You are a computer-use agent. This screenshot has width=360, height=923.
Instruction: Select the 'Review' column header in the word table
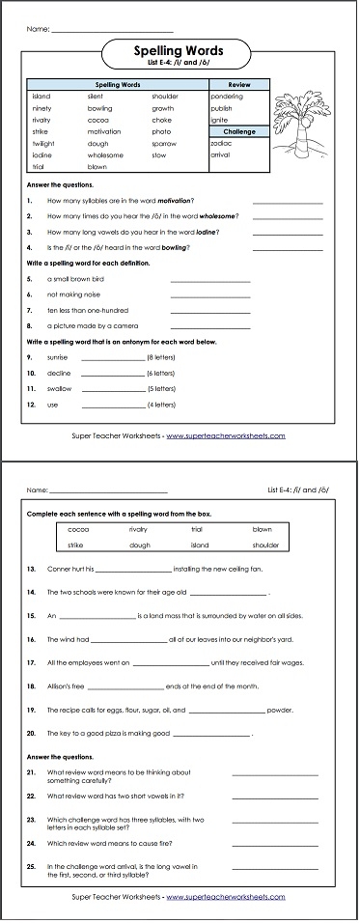(x=239, y=85)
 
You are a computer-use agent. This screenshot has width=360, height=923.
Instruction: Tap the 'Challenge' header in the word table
(x=239, y=130)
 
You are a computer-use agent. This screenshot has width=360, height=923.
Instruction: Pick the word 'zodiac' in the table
(x=221, y=142)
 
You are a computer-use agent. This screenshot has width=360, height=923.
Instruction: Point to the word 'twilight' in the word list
(x=42, y=142)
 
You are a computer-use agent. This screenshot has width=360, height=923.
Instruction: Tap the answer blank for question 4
(x=288, y=248)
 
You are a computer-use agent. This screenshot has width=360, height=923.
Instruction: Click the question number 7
(x=30, y=310)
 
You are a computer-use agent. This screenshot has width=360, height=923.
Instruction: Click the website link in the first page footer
(x=226, y=435)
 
